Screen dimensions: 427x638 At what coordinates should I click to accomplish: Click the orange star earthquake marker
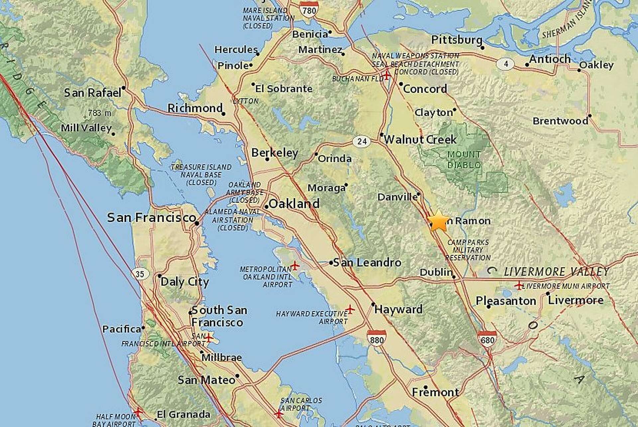point(438,220)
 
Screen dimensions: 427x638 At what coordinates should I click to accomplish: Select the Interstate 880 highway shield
point(376,338)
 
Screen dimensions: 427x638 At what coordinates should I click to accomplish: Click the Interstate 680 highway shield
point(487,339)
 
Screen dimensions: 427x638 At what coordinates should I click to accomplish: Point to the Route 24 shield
point(362,142)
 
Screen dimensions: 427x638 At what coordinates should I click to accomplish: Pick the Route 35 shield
point(140,274)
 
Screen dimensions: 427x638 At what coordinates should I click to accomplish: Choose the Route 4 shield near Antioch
point(506,64)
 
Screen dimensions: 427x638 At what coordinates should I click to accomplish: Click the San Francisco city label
point(151,218)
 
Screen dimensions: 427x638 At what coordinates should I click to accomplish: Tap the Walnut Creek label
point(420,139)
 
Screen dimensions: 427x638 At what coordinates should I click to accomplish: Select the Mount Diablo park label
point(464,160)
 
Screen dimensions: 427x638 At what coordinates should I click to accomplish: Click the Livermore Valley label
point(556,272)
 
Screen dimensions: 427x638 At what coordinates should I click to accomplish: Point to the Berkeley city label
point(275,153)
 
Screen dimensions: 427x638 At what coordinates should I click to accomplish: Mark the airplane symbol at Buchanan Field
point(386,75)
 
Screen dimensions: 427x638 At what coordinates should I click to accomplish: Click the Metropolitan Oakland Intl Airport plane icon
point(295,266)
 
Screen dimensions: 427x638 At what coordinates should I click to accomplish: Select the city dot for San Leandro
point(331,263)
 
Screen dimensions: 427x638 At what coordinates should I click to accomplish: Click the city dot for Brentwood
point(590,116)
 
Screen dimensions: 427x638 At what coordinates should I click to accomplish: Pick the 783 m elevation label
point(99,113)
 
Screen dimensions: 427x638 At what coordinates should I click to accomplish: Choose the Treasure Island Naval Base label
point(201,175)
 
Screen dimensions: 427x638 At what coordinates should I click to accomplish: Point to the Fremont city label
point(435,392)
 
